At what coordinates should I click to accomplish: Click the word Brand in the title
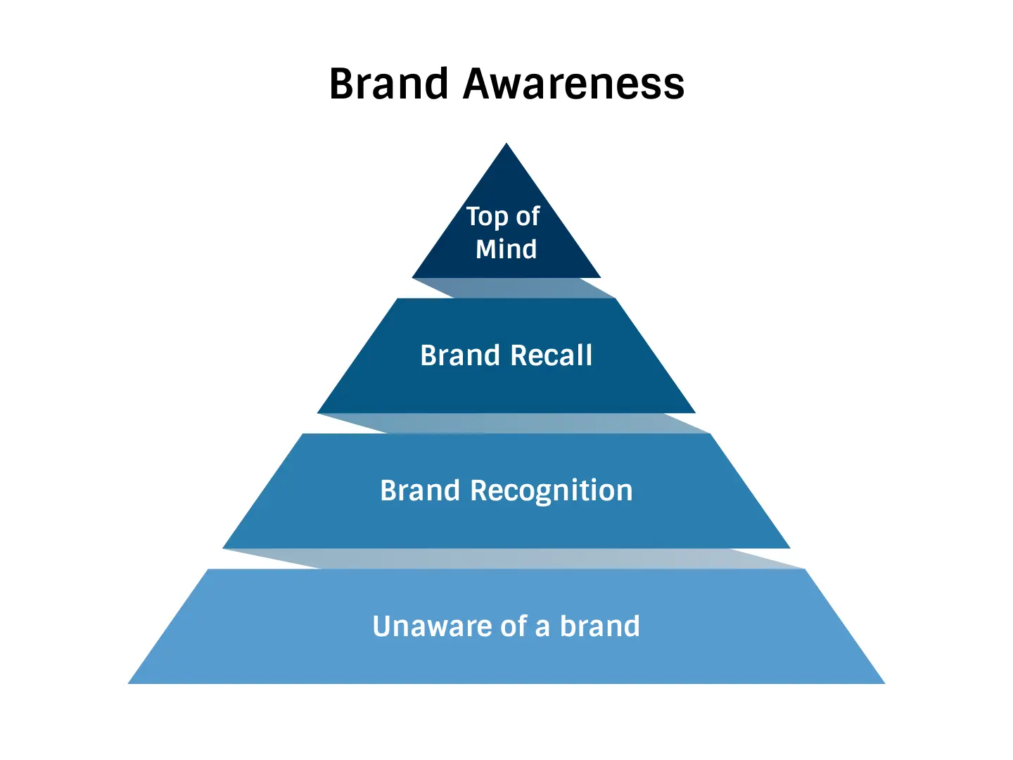[388, 84]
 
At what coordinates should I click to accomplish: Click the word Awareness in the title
[573, 84]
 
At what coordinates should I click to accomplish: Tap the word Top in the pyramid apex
[487, 217]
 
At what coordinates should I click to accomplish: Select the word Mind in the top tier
[507, 249]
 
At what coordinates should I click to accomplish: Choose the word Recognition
[551, 491]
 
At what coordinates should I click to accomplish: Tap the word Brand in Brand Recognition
[420, 490]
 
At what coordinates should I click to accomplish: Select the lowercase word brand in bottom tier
[599, 626]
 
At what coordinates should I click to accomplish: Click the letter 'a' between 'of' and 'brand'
[542, 629]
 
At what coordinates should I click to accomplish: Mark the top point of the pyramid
[507, 143]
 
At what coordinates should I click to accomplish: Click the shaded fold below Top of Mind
[514, 288]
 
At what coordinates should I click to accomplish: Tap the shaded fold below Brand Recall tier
[514, 423]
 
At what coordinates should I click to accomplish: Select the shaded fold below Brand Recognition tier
[514, 559]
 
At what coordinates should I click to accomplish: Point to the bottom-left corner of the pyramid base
[128, 683]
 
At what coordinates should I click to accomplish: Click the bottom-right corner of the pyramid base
[885, 683]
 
